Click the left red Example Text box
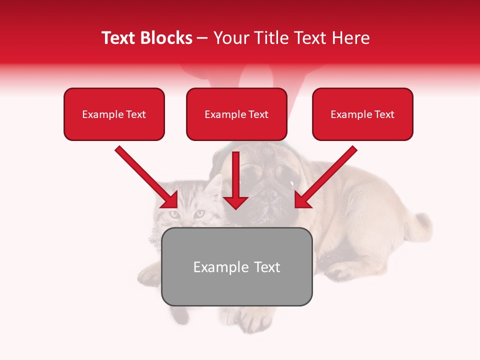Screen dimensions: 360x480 click(x=114, y=114)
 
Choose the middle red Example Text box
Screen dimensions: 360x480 click(x=236, y=114)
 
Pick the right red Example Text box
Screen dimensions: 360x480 click(x=362, y=114)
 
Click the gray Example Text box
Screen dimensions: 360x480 click(x=236, y=266)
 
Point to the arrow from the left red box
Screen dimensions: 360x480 click(x=145, y=176)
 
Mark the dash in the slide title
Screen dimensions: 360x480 click(x=202, y=38)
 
